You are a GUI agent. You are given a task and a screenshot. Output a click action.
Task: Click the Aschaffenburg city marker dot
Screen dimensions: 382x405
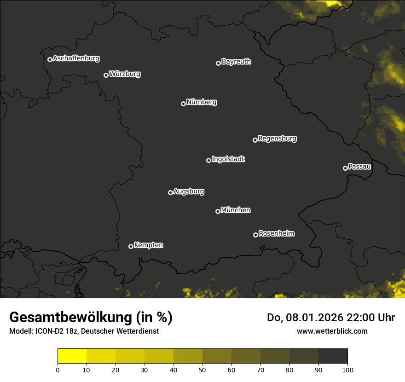click(50, 59)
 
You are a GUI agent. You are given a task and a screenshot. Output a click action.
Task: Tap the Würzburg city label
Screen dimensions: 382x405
click(125, 74)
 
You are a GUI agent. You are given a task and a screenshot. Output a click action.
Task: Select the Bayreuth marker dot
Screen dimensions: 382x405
click(218, 63)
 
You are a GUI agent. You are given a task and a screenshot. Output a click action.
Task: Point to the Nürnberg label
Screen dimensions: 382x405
click(201, 102)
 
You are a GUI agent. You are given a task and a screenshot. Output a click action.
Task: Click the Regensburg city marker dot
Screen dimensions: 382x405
click(255, 140)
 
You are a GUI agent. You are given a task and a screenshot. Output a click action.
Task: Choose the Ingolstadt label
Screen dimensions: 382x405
click(228, 159)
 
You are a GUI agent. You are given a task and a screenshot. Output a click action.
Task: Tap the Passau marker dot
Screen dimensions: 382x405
click(345, 168)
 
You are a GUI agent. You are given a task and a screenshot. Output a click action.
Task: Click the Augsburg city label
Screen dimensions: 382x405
click(189, 191)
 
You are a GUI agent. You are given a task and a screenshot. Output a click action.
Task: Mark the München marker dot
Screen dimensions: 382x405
click(218, 211)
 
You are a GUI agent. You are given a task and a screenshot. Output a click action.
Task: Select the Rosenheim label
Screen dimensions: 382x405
click(276, 233)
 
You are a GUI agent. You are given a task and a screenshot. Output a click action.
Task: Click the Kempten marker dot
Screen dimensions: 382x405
click(131, 246)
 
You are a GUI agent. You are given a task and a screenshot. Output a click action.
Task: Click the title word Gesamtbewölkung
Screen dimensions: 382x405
click(69, 318)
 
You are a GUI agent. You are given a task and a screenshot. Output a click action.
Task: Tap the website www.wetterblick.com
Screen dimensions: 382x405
click(332, 331)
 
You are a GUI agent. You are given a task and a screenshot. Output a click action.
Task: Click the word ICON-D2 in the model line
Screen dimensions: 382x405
click(48, 331)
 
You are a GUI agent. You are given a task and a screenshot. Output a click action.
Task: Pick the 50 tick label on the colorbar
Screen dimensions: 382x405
click(202, 370)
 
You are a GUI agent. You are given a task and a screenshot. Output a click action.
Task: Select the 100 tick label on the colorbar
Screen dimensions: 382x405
click(347, 370)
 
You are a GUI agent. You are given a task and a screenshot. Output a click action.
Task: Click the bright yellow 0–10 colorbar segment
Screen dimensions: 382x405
click(72, 356)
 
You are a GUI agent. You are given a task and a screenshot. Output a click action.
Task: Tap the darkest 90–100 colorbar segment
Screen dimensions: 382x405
click(333, 356)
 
